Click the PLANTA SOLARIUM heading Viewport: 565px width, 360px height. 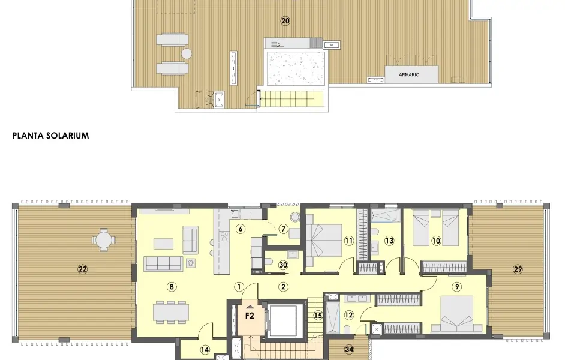(50, 136)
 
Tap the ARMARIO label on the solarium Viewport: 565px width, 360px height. (410, 75)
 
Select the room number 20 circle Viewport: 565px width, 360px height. (285, 21)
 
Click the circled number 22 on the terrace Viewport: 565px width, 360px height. (82, 269)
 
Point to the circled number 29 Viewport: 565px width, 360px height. (518, 269)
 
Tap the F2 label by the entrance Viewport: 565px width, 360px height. (250, 314)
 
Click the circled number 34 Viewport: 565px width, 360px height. (349, 349)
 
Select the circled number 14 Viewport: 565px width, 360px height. (205, 349)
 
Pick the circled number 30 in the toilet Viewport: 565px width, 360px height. (283, 265)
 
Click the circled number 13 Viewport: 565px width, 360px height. (389, 241)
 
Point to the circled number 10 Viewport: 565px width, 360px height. (436, 241)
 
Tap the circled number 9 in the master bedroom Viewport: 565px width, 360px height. (457, 287)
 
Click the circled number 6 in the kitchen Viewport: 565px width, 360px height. (241, 228)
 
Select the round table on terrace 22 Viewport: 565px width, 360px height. (104, 239)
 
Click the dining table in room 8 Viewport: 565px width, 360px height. (171, 311)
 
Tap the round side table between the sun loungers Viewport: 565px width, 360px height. (187, 53)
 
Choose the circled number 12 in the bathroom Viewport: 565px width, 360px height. (349, 314)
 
